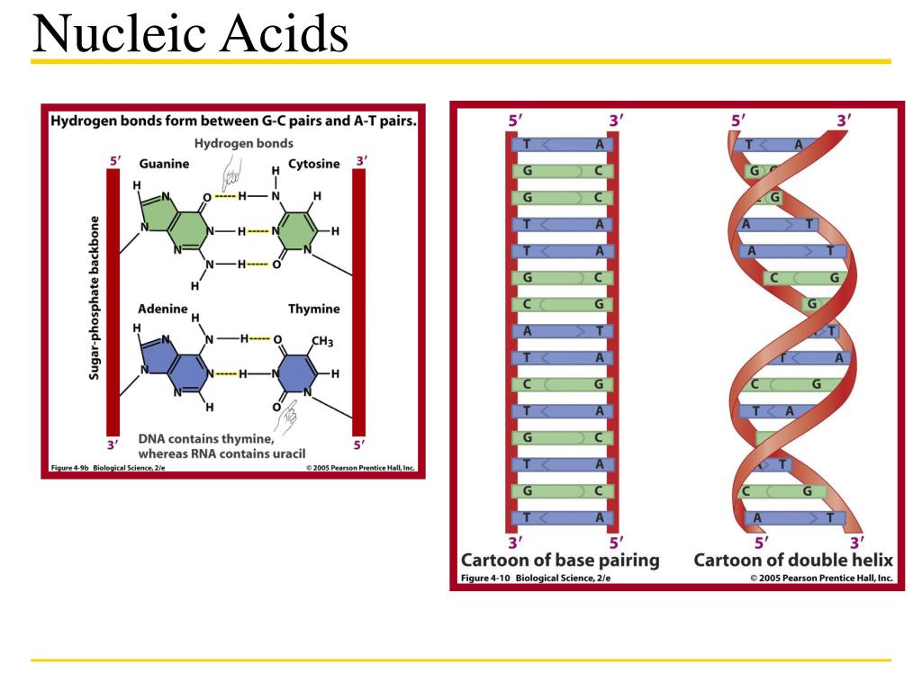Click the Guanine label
tap(164, 165)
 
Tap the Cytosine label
tap(313, 165)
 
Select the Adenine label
tap(163, 309)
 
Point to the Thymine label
tap(313, 309)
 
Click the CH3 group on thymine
tap(321, 341)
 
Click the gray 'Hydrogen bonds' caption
tap(244, 143)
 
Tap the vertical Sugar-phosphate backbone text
tap(94, 297)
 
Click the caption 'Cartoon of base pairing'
tap(560, 561)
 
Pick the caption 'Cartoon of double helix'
tap(793, 561)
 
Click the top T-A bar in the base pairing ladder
tap(563, 144)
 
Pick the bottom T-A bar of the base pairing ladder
tap(563, 517)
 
